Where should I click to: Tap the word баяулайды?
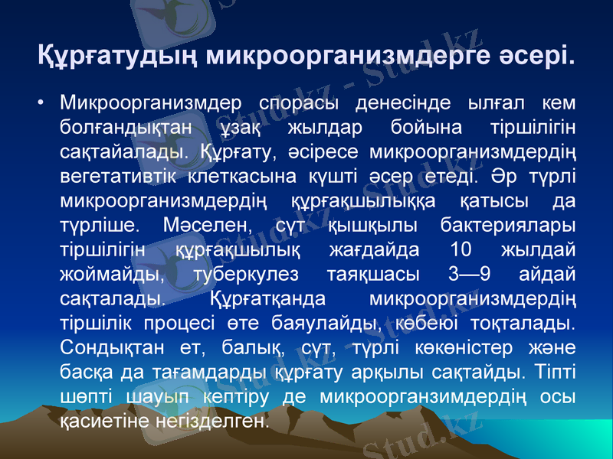point(339,326)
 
